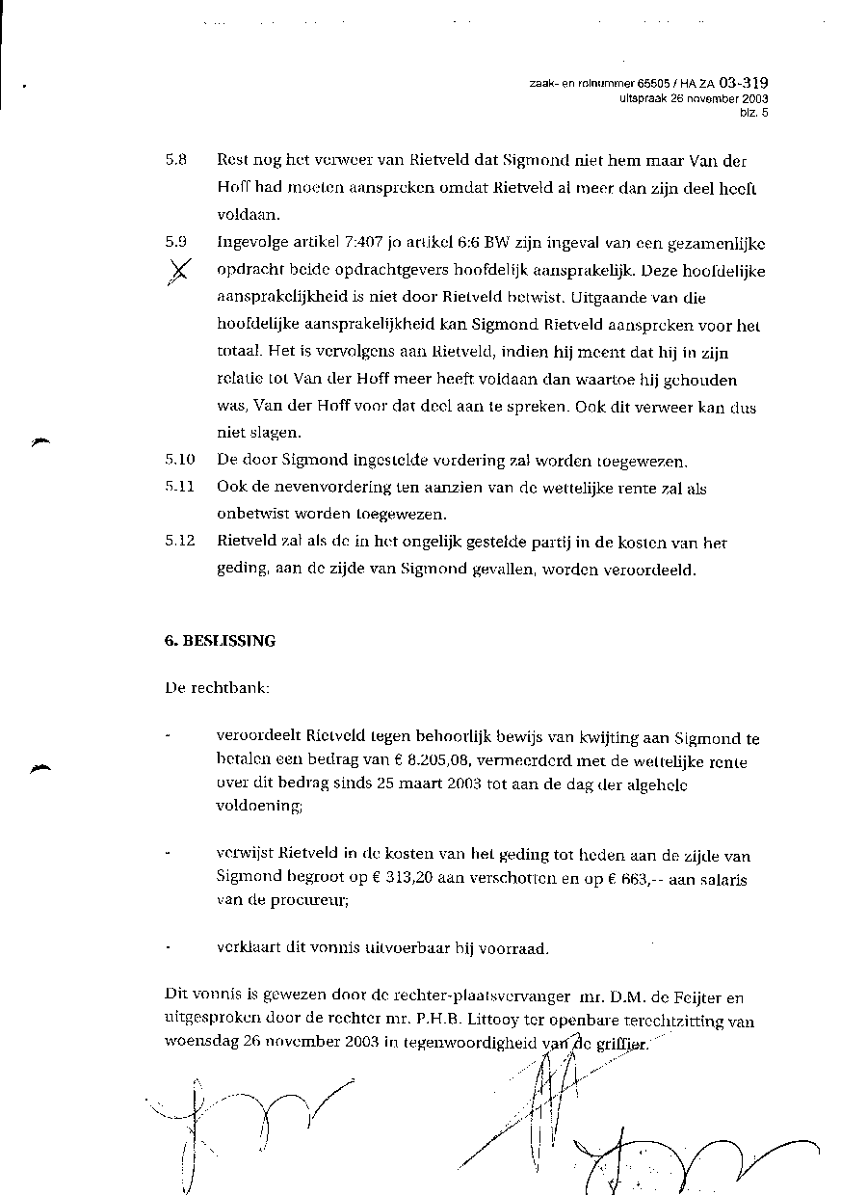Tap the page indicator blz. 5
pyautogui.click(x=754, y=113)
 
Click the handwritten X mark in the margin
pyautogui.click(x=180, y=273)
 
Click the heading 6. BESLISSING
pyautogui.click(x=220, y=641)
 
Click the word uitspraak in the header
pyautogui.click(x=644, y=99)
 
